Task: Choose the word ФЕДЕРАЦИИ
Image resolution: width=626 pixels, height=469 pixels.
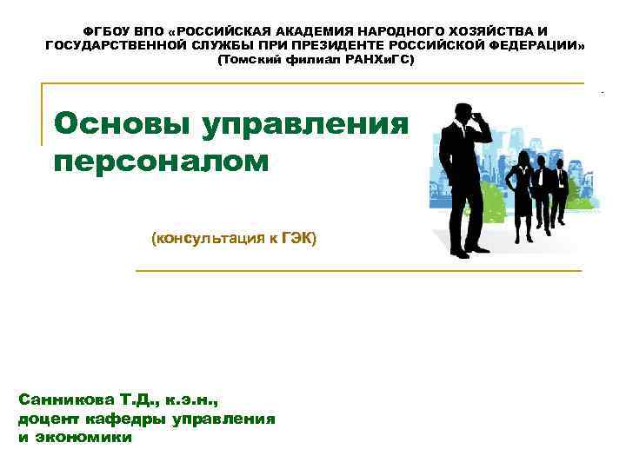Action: point(534,45)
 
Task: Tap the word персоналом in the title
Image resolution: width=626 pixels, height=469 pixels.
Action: point(162,162)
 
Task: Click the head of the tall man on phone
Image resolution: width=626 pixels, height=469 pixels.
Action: point(460,114)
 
